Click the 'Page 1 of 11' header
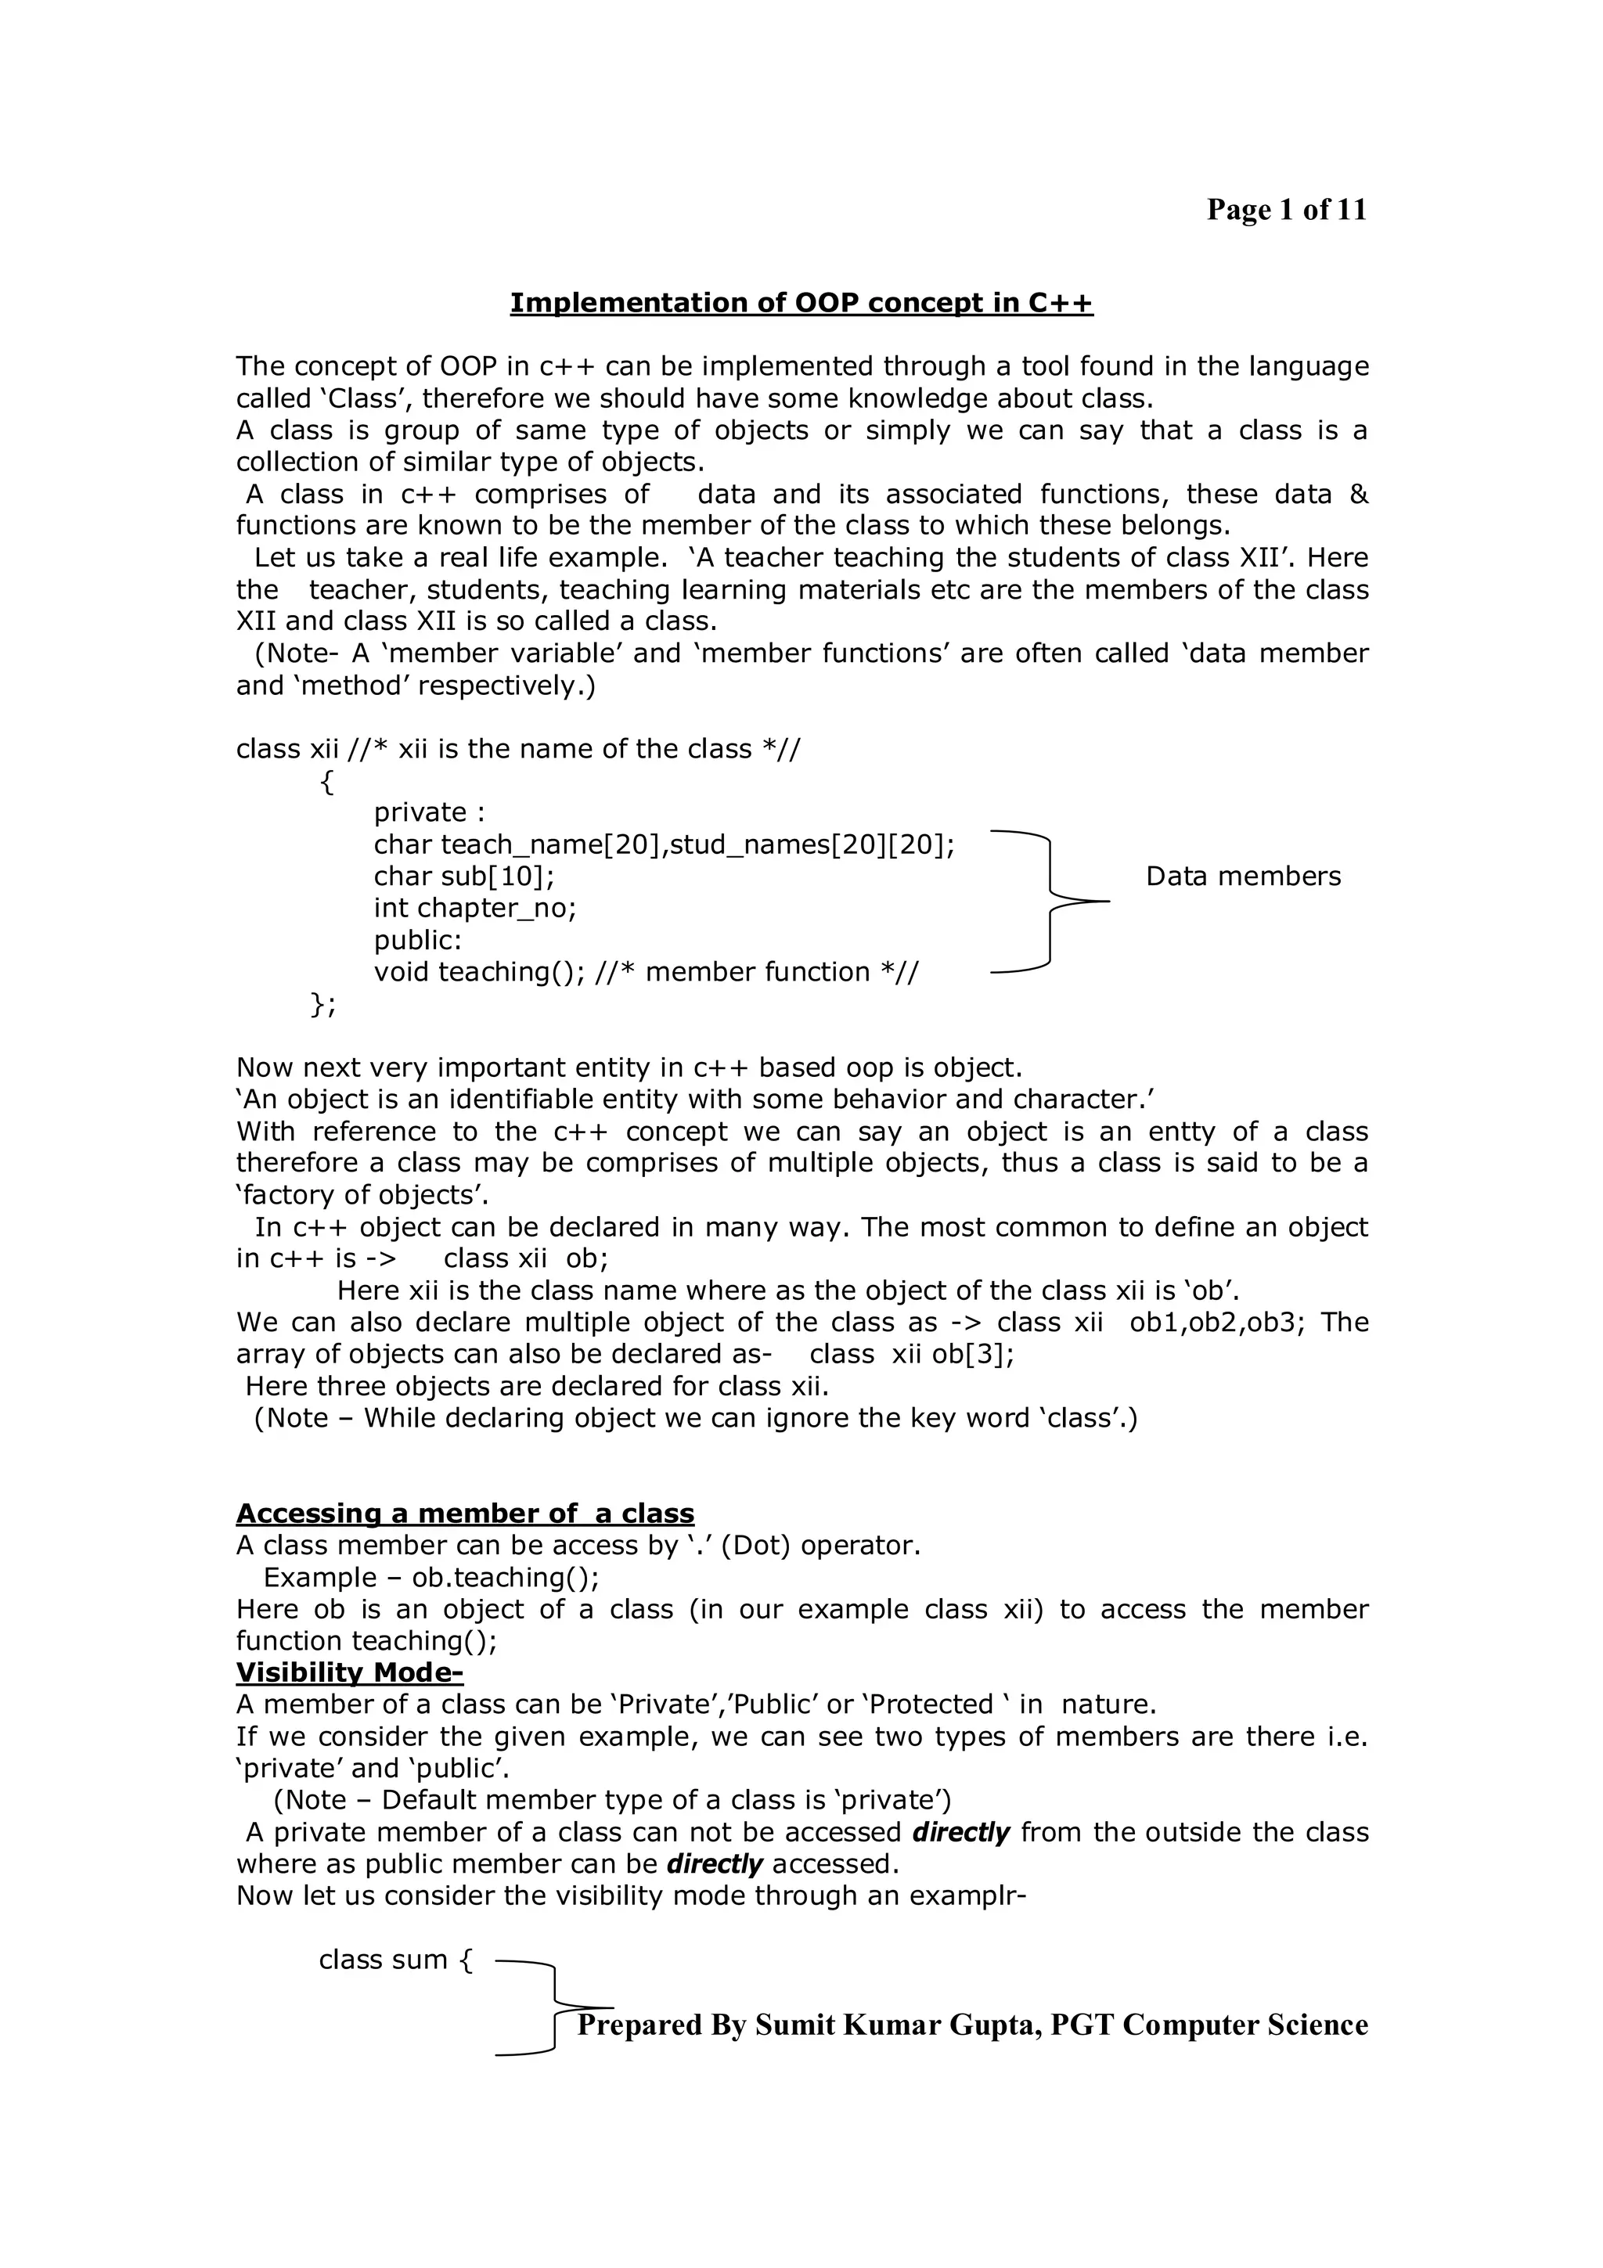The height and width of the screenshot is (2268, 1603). [1285, 210]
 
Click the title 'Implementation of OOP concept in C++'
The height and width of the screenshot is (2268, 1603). [801, 302]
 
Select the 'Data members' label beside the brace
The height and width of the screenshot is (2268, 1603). [1242, 877]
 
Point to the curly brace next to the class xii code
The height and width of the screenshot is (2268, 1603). [1049, 901]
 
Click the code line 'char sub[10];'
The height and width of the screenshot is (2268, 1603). [463, 877]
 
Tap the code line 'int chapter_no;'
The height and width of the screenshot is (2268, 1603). [474, 908]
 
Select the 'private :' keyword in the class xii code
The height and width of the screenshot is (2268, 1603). [429, 812]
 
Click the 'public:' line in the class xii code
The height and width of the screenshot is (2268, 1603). [417, 939]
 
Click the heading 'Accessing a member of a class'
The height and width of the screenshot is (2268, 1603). [464, 1514]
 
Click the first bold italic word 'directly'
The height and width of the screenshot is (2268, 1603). [960, 1832]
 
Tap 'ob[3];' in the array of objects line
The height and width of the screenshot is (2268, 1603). [973, 1354]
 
